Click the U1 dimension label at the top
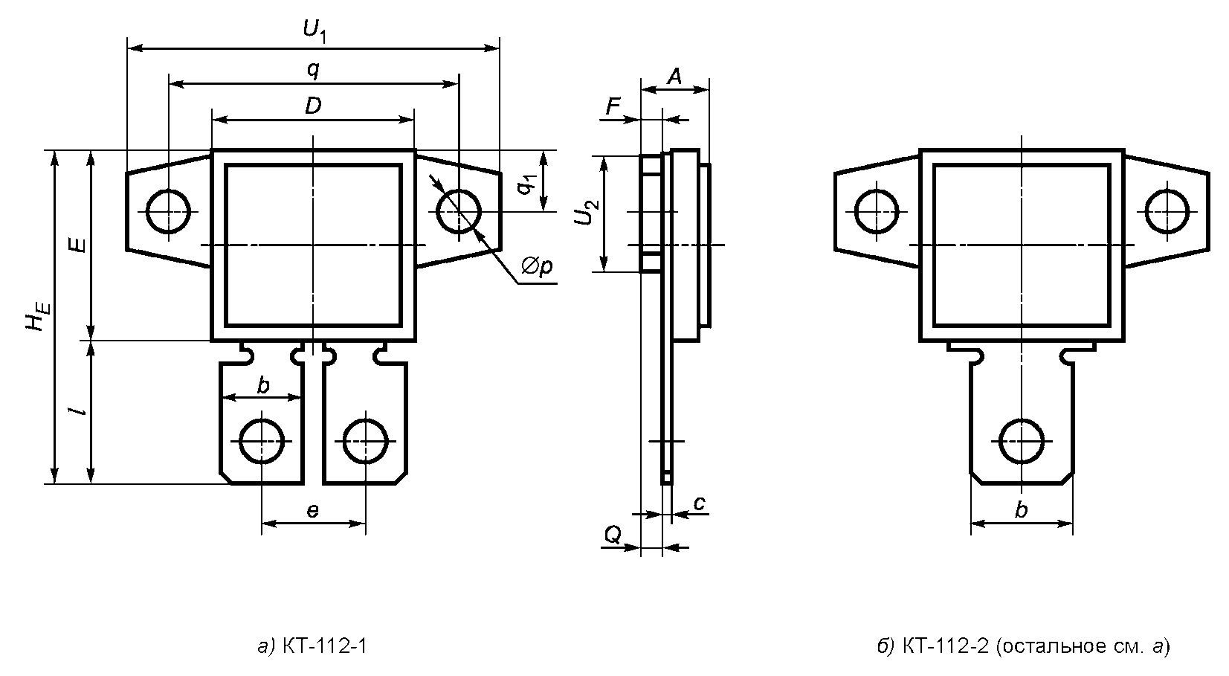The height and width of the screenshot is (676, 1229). tap(315, 30)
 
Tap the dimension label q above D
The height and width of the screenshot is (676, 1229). tap(313, 70)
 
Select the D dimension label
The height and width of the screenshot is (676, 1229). tap(313, 106)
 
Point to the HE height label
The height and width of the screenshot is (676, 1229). tap(39, 316)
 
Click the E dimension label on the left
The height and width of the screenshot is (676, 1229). tap(79, 245)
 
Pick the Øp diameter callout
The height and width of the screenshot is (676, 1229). tap(537, 267)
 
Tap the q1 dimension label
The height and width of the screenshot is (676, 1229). tap(526, 185)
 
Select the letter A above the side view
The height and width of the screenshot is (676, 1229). tap(674, 77)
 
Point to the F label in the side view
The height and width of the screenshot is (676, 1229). tap(613, 106)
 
